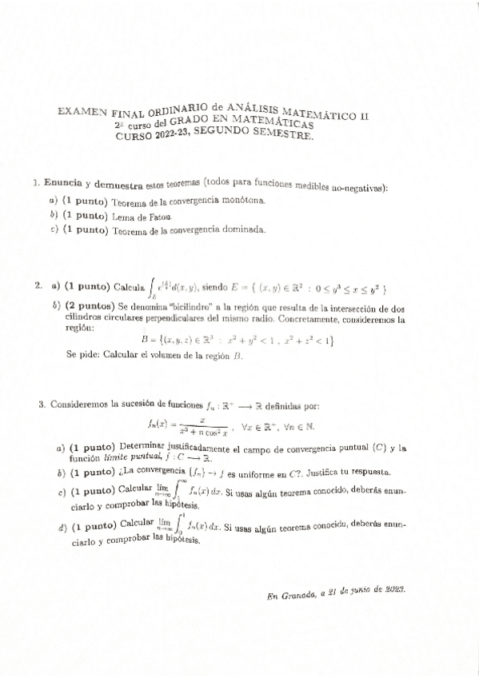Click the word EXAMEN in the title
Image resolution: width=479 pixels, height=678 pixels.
pos(81,114)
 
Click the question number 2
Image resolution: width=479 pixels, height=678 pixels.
pos(38,285)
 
